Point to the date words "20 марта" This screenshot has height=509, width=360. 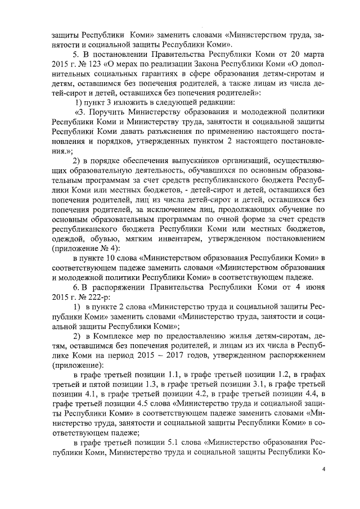pos(305,54)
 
